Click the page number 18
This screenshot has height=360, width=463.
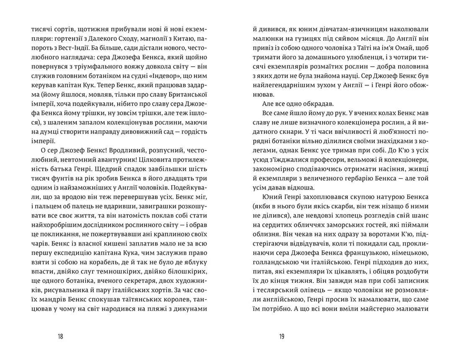61,336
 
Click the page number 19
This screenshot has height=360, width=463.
281,336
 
